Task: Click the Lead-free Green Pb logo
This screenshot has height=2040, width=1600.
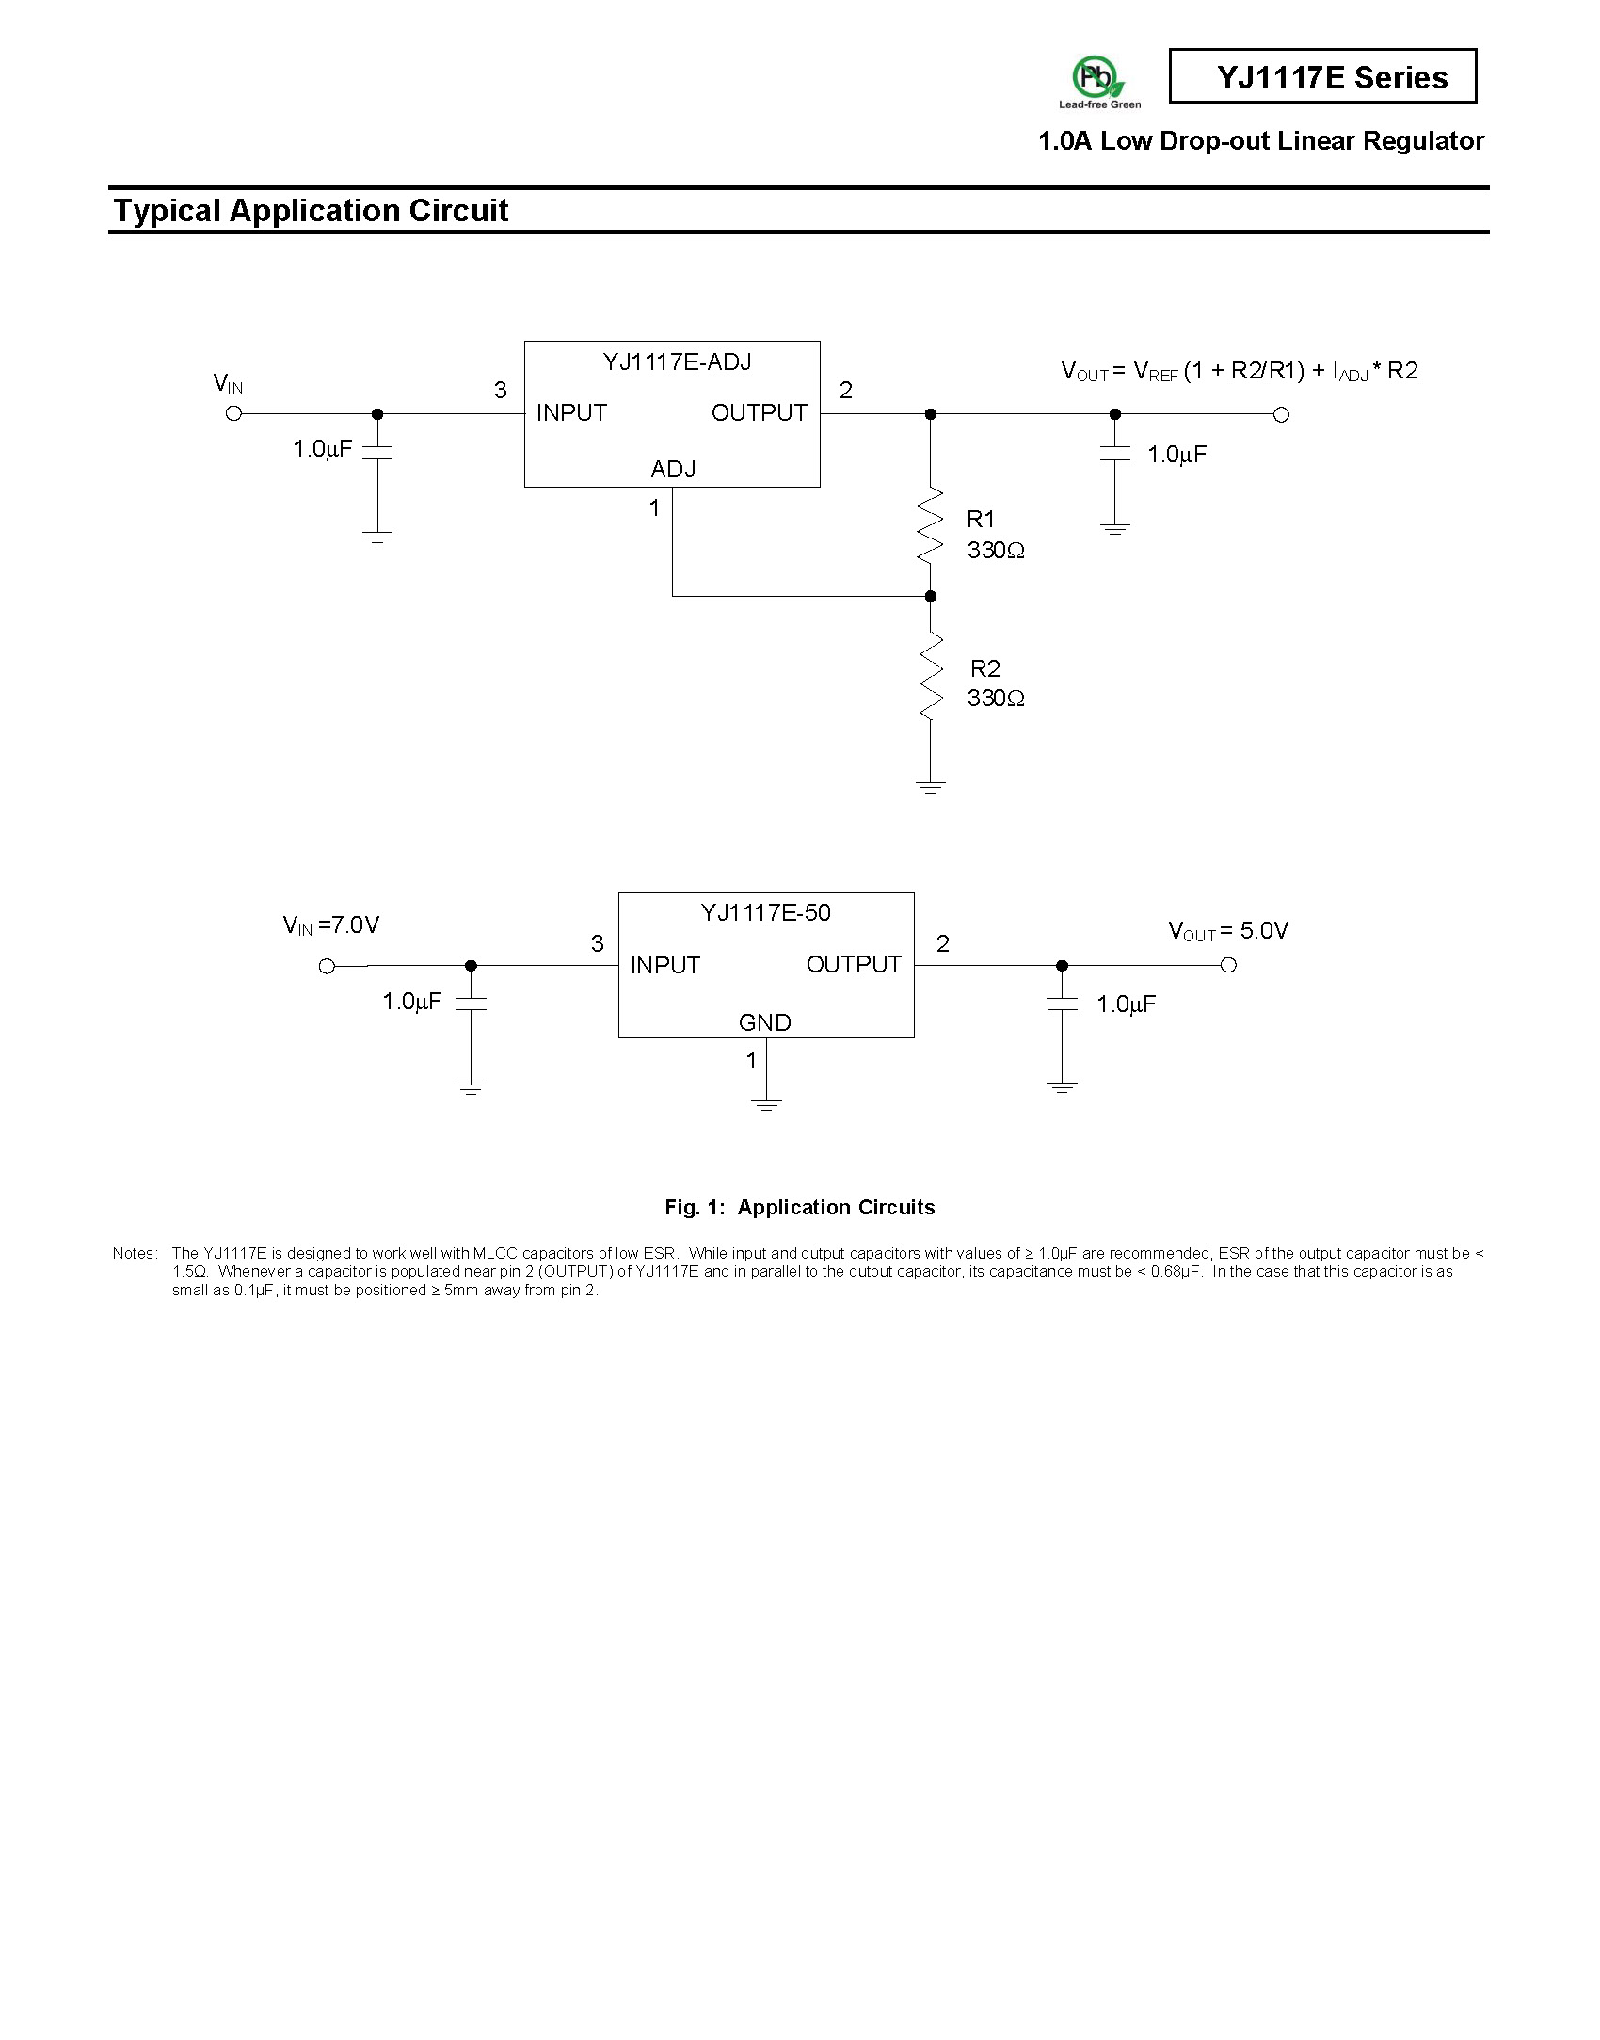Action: click(x=1099, y=82)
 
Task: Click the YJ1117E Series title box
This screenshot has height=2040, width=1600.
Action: click(x=1322, y=76)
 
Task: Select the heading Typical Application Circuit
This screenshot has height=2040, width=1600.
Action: click(x=311, y=210)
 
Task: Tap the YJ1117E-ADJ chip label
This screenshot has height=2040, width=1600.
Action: click(x=677, y=362)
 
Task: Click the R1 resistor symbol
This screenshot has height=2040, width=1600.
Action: click(x=930, y=525)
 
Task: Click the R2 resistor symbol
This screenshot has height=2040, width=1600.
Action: click(x=930, y=675)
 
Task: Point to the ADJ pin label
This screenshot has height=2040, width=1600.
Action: click(x=673, y=469)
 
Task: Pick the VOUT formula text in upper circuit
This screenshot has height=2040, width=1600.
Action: click(x=1239, y=371)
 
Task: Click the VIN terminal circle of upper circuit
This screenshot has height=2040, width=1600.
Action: click(x=234, y=413)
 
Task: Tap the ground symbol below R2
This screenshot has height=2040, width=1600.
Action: click(x=930, y=787)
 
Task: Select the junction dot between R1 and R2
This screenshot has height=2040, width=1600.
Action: click(x=930, y=596)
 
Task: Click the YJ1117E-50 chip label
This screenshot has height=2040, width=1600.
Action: click(x=765, y=913)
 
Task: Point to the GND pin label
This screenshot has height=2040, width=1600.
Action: click(x=764, y=1022)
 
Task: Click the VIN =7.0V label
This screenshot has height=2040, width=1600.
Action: click(x=330, y=925)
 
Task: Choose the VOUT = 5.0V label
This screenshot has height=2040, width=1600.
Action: click(x=1228, y=931)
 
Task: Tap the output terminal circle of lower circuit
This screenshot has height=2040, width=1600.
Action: click(x=1227, y=965)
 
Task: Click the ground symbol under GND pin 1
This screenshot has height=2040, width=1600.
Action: click(x=766, y=1104)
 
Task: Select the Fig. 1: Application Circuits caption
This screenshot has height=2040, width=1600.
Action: click(x=800, y=1208)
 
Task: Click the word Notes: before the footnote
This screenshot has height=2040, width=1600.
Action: click(x=135, y=1254)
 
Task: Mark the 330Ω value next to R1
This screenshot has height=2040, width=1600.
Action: click(x=996, y=551)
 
